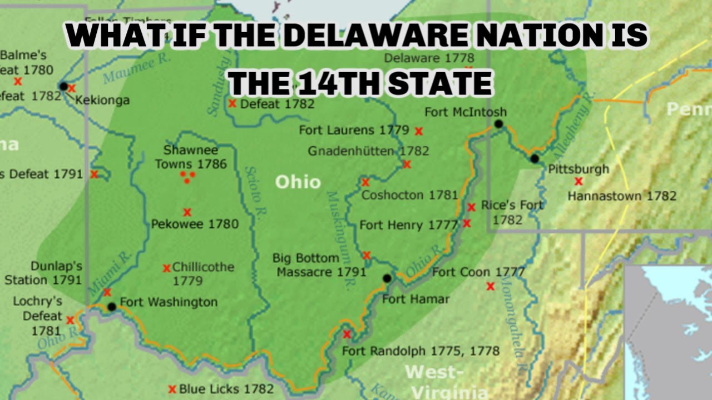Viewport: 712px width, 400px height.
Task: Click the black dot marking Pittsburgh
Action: coord(535,158)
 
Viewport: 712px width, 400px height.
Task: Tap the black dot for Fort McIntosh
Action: coord(499,124)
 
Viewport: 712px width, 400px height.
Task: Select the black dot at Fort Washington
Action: coord(112,306)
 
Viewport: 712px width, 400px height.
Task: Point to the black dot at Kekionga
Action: coord(63,87)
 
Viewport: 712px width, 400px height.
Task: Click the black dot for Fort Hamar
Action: coord(387,278)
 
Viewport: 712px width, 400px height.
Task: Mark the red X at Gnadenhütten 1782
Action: coord(407,164)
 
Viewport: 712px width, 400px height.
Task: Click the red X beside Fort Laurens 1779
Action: coord(419,131)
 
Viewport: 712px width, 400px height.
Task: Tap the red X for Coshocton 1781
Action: coord(365,182)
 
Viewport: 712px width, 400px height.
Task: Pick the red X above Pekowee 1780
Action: coord(187,212)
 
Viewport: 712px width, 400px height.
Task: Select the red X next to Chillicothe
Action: coord(166,268)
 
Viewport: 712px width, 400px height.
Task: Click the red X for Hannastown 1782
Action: coord(578,181)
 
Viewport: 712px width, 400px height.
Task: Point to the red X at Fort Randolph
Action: coord(347,334)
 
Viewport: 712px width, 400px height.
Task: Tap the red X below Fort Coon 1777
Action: coord(490,287)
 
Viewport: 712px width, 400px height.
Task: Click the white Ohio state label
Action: coord(298,182)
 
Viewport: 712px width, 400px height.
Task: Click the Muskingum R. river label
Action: coord(339,239)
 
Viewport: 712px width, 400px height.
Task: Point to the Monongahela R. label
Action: coord(514,328)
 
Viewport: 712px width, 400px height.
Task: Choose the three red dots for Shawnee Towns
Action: coord(188,177)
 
